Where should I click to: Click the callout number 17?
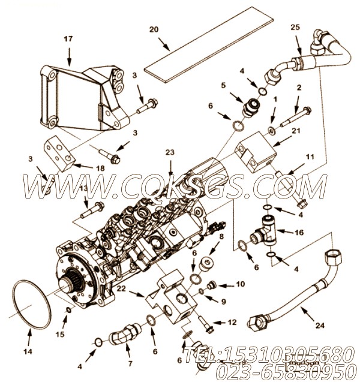pyautogui.click(x=67, y=40)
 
